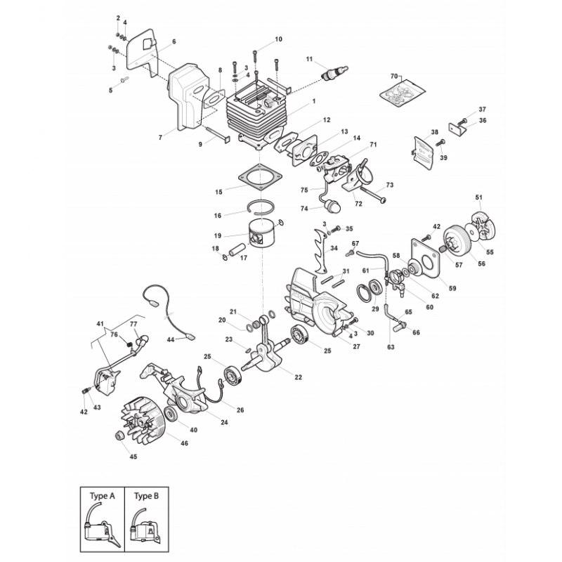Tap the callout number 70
point(393,74)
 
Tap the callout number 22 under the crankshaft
point(299,377)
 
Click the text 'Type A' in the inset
point(102,495)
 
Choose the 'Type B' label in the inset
point(147,495)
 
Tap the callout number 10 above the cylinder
point(278,39)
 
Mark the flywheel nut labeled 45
point(119,436)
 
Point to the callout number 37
point(482,110)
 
